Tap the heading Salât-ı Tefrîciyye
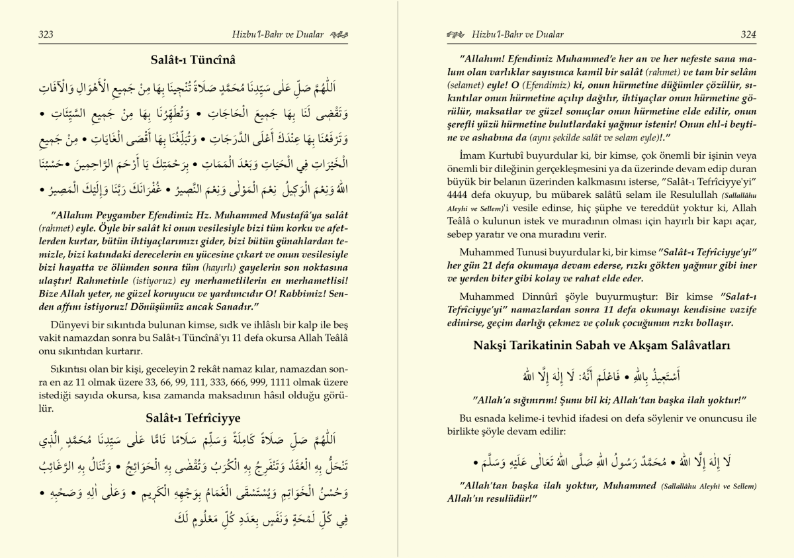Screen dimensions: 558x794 [193, 418]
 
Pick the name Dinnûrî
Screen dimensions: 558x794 [531, 297]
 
